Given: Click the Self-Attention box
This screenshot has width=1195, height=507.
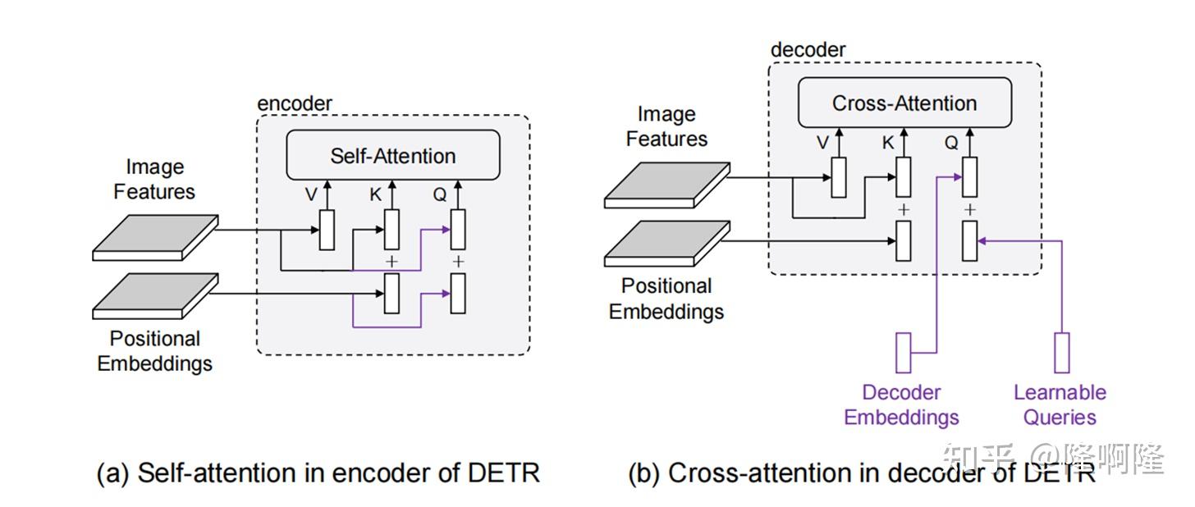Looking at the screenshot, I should click(x=392, y=155).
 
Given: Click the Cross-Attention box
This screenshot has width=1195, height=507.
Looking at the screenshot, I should click(x=904, y=103).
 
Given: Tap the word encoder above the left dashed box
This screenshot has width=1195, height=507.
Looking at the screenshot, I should click(x=295, y=104).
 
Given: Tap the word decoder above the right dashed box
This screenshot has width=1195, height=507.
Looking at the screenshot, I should click(x=808, y=50).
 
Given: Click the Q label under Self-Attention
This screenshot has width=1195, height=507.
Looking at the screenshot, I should click(x=442, y=195).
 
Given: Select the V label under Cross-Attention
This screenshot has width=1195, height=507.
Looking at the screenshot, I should click(x=823, y=143).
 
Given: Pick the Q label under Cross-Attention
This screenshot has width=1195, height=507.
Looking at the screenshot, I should click(x=951, y=143).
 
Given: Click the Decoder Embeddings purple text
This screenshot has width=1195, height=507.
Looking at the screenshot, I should click(x=901, y=404).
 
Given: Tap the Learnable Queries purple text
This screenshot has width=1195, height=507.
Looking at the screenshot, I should click(x=1060, y=404).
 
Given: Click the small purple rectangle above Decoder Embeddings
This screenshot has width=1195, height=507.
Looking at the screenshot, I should click(x=904, y=352).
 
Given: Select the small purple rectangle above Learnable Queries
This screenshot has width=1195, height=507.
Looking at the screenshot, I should click(x=1061, y=352).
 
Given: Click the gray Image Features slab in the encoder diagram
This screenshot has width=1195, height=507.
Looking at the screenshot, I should click(x=155, y=237).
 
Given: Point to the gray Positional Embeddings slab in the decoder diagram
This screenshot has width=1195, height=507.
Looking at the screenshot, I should click(x=666, y=244).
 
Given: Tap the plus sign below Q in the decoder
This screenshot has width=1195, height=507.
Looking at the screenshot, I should click(x=970, y=210).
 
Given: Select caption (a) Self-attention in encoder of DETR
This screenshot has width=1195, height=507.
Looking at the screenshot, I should click(x=318, y=473).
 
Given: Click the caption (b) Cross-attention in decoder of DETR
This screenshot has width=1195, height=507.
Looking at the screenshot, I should click(x=862, y=473).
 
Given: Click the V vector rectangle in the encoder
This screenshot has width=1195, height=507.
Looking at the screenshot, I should click(x=327, y=230).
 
